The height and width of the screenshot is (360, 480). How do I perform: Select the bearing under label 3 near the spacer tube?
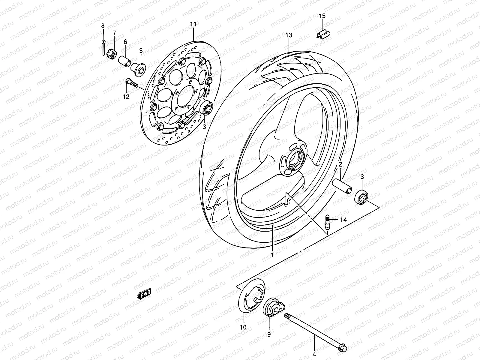point(362,197)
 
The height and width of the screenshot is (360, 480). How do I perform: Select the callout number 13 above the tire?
point(289,35)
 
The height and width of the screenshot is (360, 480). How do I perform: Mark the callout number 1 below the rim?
point(272,255)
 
